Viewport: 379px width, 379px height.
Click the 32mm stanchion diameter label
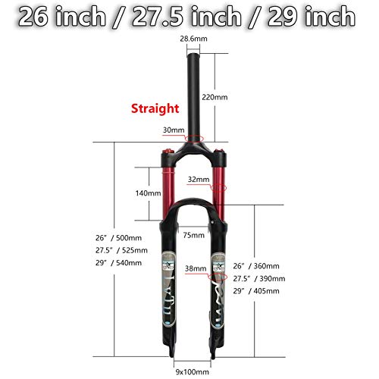click(x=197, y=180)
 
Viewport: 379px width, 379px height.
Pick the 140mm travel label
click(x=149, y=193)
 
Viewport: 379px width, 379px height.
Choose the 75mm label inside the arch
click(x=194, y=236)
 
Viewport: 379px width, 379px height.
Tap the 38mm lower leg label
click(x=195, y=268)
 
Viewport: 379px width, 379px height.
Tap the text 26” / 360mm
click(x=255, y=266)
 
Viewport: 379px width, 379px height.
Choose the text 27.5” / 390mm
click(x=258, y=278)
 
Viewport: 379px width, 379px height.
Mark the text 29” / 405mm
click(x=255, y=291)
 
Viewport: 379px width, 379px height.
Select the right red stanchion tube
click(x=221, y=186)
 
